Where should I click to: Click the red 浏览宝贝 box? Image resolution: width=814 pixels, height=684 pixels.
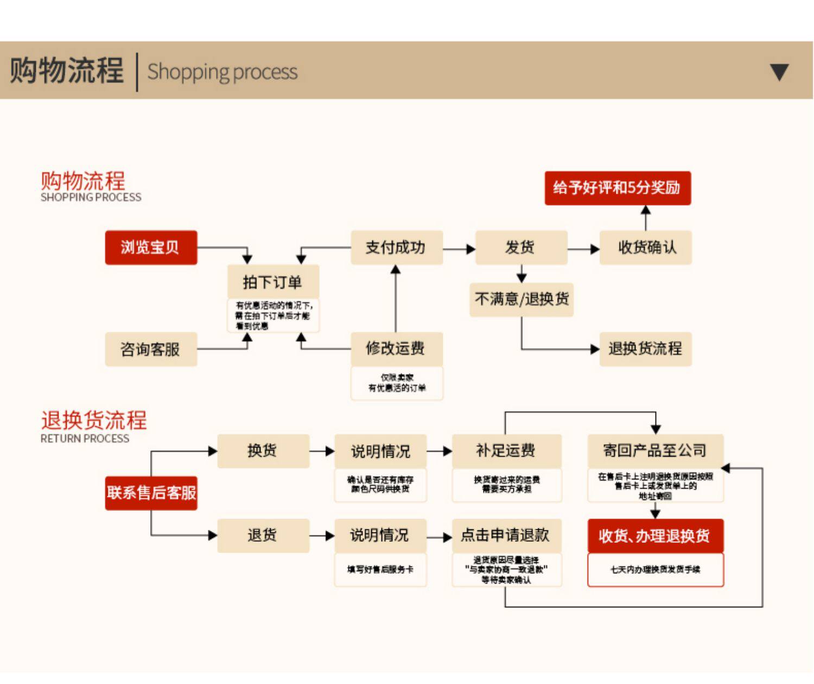(151, 248)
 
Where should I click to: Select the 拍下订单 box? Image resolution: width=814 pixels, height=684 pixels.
(272, 282)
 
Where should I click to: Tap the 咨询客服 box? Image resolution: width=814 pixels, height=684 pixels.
(151, 349)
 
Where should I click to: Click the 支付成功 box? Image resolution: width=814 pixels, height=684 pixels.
(396, 248)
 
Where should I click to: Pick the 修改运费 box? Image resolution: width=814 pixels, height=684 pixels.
(396, 349)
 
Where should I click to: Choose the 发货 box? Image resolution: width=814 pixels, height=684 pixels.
(521, 248)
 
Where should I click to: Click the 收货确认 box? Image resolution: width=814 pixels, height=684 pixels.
(645, 248)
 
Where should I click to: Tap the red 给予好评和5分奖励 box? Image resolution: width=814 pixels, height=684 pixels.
(617, 188)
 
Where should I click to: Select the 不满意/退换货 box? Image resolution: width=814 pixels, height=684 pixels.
(521, 299)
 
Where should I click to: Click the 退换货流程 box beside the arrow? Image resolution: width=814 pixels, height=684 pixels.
(645, 349)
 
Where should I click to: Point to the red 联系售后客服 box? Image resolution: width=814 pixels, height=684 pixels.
(151, 493)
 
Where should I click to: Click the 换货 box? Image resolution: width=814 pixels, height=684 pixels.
(263, 451)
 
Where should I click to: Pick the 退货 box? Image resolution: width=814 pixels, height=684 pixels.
(263, 535)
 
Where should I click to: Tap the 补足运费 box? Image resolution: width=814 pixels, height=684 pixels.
(506, 451)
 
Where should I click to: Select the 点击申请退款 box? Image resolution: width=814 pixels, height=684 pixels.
(506, 535)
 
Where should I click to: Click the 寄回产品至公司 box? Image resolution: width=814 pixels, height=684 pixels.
(655, 451)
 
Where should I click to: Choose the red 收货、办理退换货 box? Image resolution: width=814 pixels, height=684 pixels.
(655, 536)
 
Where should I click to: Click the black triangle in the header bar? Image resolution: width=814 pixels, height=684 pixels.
(779, 72)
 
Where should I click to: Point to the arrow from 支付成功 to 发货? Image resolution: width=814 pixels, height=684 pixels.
(459, 249)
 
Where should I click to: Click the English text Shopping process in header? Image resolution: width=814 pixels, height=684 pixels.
(222, 72)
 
